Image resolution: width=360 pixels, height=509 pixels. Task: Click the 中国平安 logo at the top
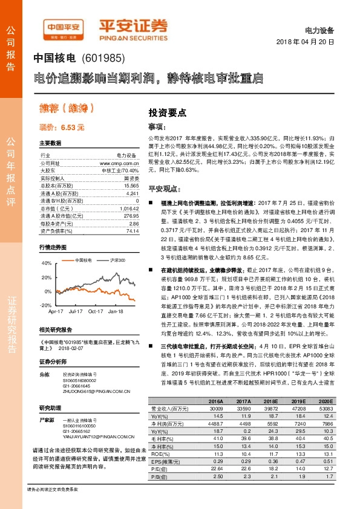coord(63,27)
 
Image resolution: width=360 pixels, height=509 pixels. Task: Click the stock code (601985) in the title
coord(105,59)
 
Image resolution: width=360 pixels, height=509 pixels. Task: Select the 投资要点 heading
coord(167,112)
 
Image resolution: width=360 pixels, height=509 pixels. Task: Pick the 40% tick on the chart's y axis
coord(47,263)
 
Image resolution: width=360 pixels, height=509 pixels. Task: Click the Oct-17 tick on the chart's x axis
coord(96,311)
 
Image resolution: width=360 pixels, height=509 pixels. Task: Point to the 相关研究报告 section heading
coord(55,330)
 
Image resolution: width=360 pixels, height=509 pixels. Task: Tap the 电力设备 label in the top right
coord(319,30)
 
